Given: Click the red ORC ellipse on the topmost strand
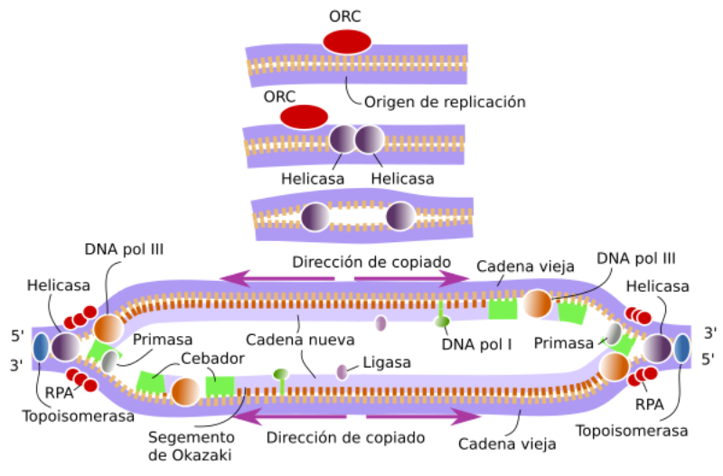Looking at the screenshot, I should click(x=347, y=42).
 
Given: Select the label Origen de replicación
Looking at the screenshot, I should click(x=444, y=102).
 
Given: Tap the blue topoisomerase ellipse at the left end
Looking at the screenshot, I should click(x=42, y=348).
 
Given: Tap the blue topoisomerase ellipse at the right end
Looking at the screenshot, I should click(x=681, y=348).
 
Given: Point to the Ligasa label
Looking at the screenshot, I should click(x=386, y=362).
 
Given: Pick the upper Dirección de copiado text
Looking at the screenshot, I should click(x=371, y=261).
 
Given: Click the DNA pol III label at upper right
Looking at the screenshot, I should click(x=636, y=257).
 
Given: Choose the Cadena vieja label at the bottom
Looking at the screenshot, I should click(x=507, y=444).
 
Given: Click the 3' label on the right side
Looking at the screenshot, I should click(x=709, y=332).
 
